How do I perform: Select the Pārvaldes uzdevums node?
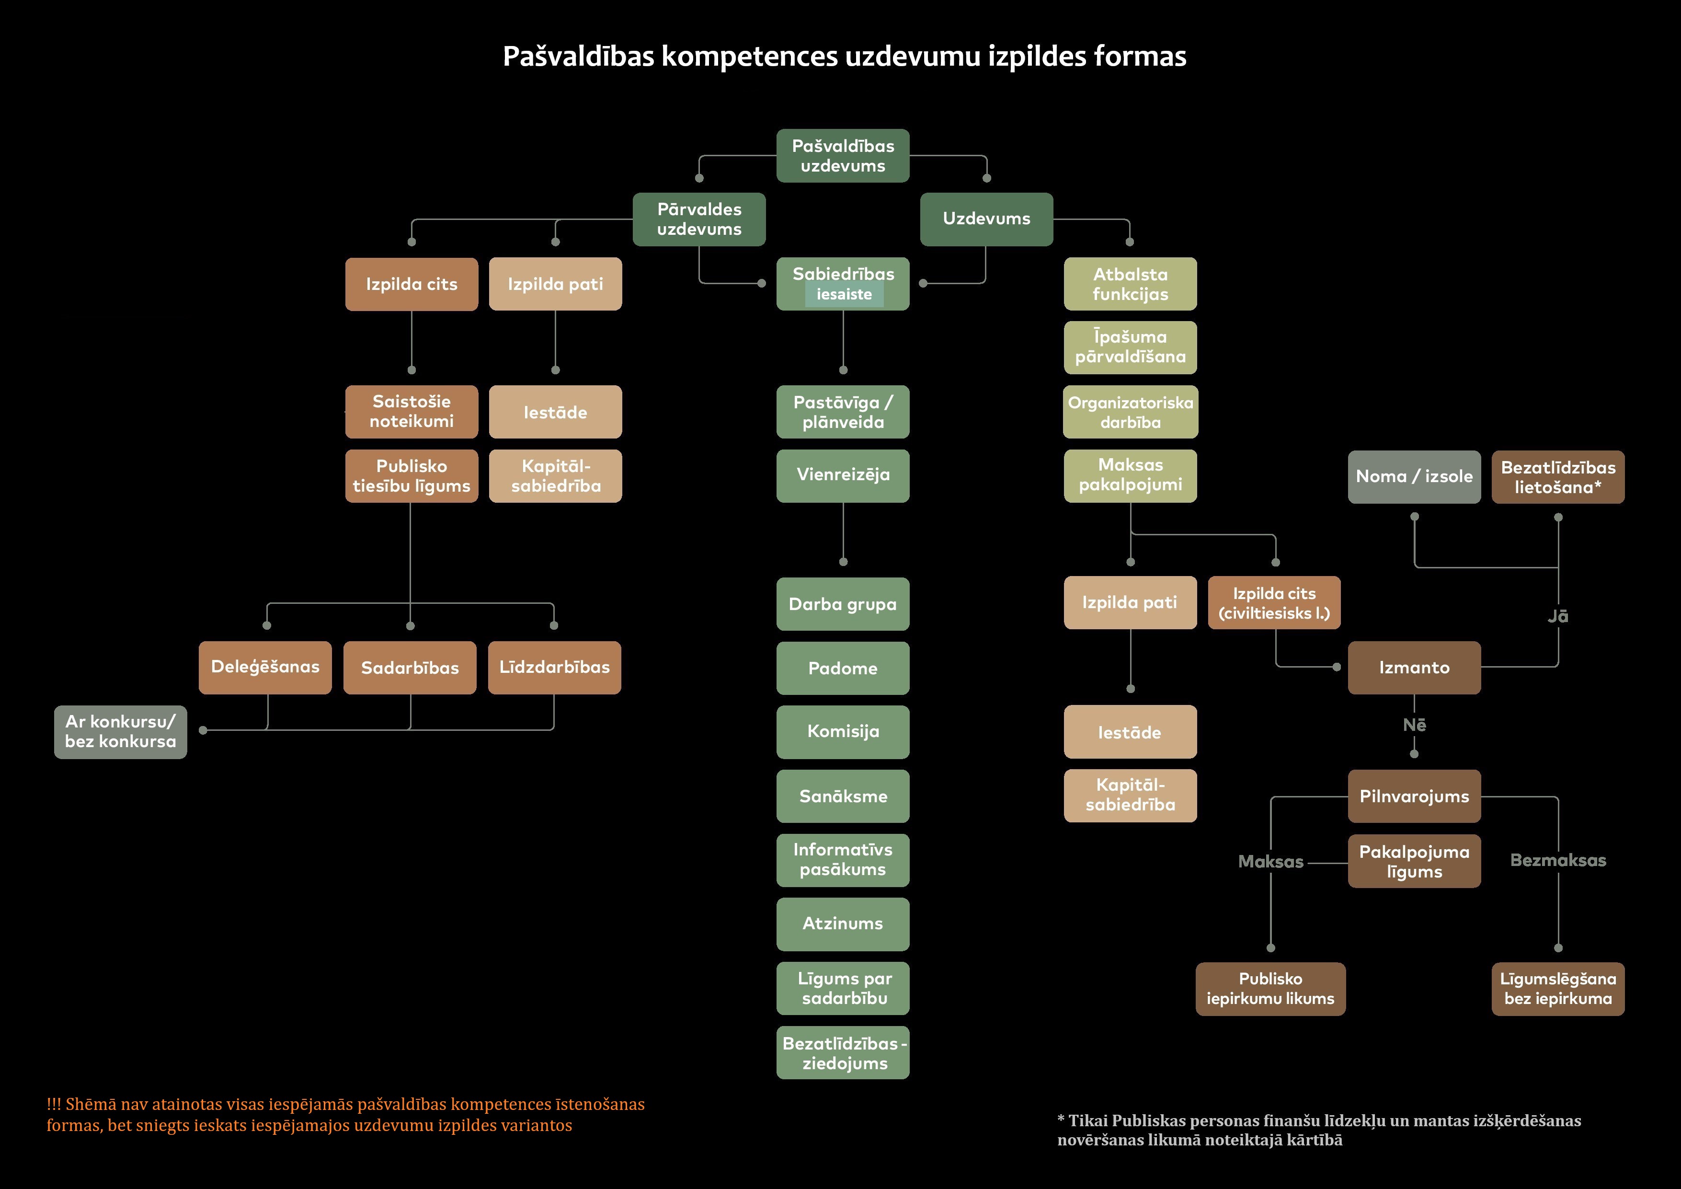699,219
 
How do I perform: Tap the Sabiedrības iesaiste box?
843,284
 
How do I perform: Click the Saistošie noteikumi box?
412,412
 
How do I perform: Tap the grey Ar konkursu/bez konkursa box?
121,732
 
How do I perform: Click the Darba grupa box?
843,604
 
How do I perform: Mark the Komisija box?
843,732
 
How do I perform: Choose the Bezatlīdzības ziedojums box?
843,1053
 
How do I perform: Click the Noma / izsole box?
1414,477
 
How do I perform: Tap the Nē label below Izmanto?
1414,725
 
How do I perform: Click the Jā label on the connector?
1557,617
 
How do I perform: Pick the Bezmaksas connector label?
1558,861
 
